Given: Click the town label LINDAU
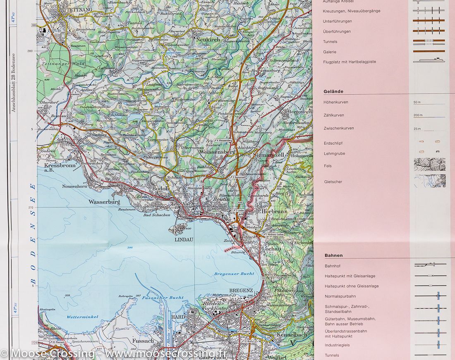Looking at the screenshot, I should click(184, 239).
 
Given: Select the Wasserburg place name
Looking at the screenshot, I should click(104, 202).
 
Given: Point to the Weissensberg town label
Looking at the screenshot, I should click(217, 152).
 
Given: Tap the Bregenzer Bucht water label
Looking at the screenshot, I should click(228, 274).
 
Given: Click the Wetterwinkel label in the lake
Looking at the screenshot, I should click(82, 317).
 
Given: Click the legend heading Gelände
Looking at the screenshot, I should click(333, 92).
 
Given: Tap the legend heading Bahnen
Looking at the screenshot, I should click(333, 255).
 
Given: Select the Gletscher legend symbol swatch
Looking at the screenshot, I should click(430, 181).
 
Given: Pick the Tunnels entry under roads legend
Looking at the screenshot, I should click(330, 42).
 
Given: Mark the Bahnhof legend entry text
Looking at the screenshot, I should click(333, 266).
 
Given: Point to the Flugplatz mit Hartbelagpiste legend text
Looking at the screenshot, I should click(350, 62).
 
